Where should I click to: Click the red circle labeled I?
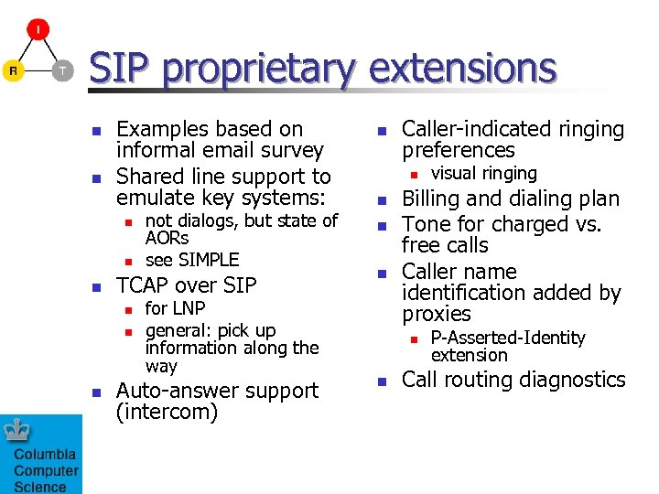click(38, 30)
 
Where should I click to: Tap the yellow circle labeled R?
click(13, 70)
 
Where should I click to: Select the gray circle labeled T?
click(61, 70)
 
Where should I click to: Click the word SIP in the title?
click(124, 69)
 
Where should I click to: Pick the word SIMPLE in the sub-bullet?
click(209, 260)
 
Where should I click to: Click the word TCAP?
click(145, 285)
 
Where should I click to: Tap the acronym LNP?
click(189, 308)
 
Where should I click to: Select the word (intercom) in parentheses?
click(167, 413)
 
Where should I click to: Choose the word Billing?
click(433, 199)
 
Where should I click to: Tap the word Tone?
click(426, 224)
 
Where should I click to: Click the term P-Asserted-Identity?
click(508, 338)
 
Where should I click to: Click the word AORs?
click(167, 238)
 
